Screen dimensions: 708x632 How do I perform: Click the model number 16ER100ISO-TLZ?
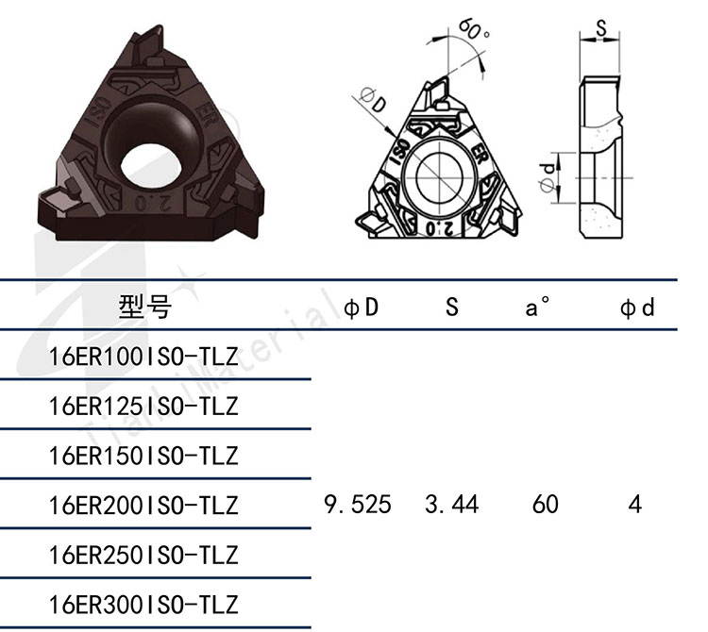[x=143, y=357]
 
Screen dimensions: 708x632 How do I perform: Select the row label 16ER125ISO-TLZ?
[x=143, y=406]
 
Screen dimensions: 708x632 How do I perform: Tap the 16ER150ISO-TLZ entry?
[x=143, y=456]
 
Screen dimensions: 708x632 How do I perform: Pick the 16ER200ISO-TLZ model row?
[x=143, y=506]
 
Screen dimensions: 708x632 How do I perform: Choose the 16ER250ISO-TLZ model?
[x=143, y=555]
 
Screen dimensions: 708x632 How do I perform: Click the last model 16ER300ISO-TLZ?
[x=143, y=605]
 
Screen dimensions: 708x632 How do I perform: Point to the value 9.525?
[x=358, y=505]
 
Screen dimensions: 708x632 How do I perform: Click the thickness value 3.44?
[x=451, y=505]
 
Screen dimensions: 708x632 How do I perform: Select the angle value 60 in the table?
[x=545, y=505]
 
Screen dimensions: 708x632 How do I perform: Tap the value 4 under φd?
[x=635, y=505]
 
